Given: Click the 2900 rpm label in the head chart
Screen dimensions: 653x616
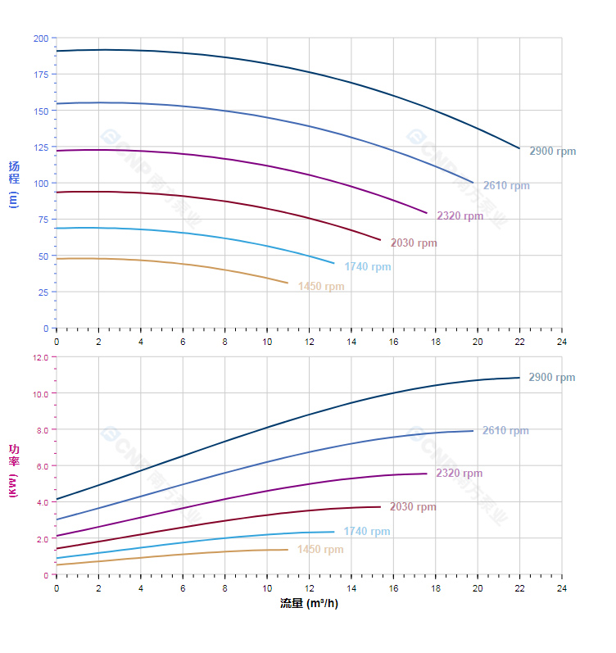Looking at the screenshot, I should (552, 152).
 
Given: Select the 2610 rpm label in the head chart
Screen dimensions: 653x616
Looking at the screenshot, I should (506, 186).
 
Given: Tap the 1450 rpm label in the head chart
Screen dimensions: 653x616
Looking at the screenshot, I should (321, 287).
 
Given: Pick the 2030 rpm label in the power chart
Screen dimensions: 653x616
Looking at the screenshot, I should (413, 507).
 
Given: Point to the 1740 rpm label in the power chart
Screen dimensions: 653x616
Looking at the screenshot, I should (367, 532).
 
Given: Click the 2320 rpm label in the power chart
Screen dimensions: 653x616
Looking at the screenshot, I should (459, 474).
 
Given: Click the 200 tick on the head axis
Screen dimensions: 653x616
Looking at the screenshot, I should (40, 39).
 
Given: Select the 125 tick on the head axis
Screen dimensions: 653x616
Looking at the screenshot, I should (40, 147).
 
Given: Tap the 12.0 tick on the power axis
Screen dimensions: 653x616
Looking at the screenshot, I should (40, 357).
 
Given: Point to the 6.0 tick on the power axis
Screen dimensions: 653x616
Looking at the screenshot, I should (42, 466).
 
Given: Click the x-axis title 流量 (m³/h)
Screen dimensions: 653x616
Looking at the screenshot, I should (309, 604).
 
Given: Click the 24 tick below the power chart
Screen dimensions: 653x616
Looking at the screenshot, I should (561, 588).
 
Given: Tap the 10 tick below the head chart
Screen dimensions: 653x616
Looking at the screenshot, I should (267, 341).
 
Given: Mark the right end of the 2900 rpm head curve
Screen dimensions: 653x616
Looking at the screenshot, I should (519, 148).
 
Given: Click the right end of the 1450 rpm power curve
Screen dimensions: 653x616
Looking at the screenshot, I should (288, 550).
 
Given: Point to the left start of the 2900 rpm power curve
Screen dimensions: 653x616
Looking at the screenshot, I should (57, 499).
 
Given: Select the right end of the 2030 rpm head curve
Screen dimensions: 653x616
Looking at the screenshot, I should (381, 240).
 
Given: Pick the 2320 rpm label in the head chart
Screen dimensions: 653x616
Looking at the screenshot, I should (460, 216).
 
